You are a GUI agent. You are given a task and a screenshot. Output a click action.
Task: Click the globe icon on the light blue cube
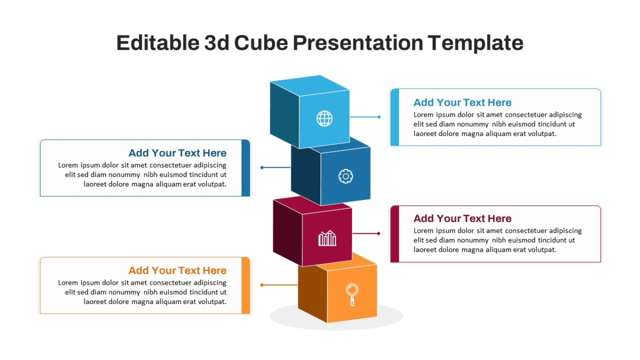[x=324, y=118]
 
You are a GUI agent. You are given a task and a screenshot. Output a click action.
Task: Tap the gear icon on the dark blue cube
[x=346, y=177]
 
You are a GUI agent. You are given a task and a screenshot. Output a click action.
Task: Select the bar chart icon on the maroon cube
[x=327, y=238]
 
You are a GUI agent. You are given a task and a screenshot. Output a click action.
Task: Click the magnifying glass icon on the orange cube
[x=352, y=294]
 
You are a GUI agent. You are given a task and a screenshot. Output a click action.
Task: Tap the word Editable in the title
[x=158, y=43]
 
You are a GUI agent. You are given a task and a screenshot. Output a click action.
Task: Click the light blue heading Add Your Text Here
[x=462, y=102]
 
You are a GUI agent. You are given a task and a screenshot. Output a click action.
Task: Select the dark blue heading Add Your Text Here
[x=178, y=153]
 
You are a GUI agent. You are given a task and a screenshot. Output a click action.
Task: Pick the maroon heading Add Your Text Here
[x=462, y=218]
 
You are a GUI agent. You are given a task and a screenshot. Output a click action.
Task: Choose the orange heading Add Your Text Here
[x=178, y=270]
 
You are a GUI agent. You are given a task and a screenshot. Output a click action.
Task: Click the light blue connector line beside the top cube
[x=365, y=117]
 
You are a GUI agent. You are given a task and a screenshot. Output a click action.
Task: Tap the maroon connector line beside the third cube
[x=366, y=234]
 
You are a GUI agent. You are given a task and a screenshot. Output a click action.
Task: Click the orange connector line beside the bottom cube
[x=279, y=285]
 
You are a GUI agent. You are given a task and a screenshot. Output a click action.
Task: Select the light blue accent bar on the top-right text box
[x=395, y=117]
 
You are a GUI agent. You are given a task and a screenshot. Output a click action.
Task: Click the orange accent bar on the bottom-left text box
[x=246, y=285]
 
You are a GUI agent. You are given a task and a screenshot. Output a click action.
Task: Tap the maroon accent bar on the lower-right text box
[x=395, y=234]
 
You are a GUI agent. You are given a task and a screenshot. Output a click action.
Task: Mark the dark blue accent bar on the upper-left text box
[x=246, y=168]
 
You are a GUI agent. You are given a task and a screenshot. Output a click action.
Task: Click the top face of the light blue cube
[x=310, y=85]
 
